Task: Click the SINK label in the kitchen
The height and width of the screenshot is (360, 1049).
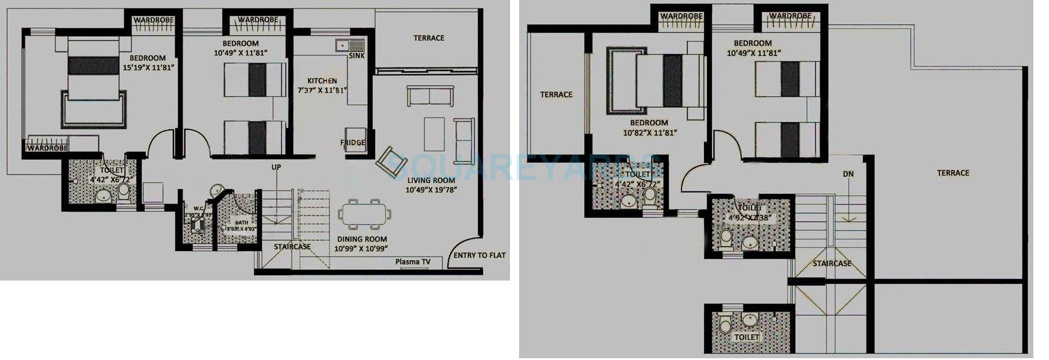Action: [356, 56]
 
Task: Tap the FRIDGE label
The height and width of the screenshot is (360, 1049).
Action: [353, 143]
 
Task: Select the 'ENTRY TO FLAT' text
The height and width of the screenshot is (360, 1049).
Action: [479, 255]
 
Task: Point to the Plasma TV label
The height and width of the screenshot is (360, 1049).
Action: [412, 262]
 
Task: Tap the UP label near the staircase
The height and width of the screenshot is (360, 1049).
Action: [276, 167]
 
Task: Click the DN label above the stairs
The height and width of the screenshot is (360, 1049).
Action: [848, 174]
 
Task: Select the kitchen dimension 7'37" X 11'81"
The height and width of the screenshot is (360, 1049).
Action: [322, 91]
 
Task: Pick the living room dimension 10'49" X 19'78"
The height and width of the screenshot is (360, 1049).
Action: [431, 190]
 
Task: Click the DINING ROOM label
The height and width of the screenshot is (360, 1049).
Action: [362, 239]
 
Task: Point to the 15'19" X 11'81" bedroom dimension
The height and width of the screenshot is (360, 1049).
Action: [148, 67]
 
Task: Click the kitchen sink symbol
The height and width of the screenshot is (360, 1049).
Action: [350, 45]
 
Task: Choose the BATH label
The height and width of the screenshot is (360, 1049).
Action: [241, 223]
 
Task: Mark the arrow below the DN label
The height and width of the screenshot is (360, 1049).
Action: [848, 210]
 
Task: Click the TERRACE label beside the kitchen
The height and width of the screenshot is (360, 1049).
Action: [429, 38]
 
